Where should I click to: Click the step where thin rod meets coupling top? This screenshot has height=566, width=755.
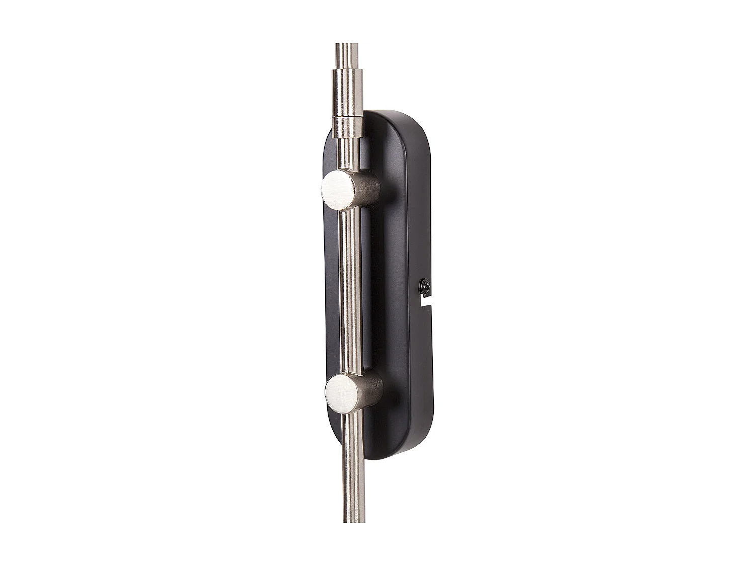click(347, 71)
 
